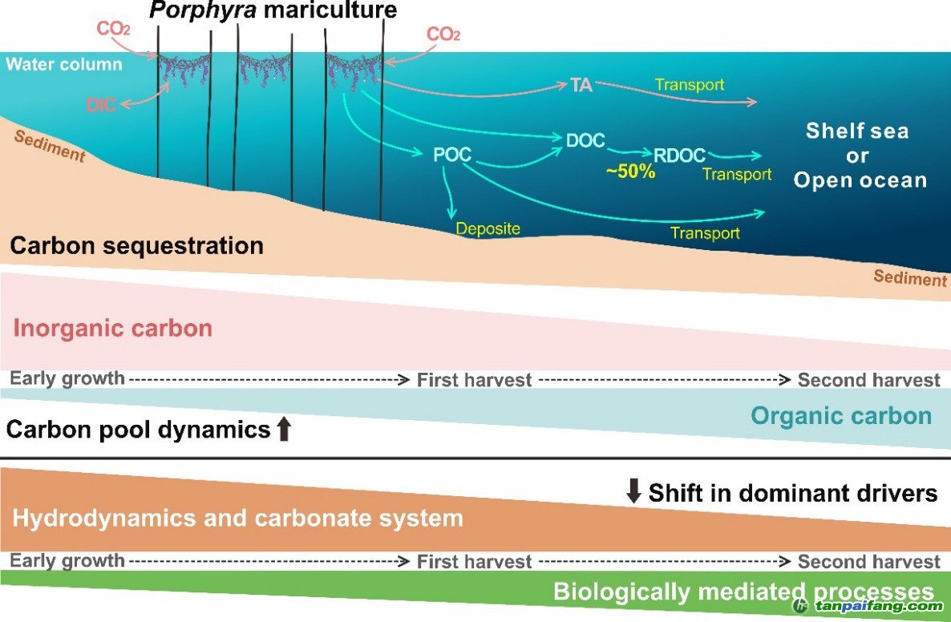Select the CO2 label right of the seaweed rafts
(443, 34)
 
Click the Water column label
(64, 63)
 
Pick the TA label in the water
(581, 86)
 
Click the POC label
(451, 155)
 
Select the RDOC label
(679, 155)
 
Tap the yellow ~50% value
(630, 172)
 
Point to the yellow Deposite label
(488, 229)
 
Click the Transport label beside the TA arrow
(689, 84)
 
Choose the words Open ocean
(860, 180)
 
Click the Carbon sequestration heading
(136, 245)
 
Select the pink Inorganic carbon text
(113, 328)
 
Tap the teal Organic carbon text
(841, 415)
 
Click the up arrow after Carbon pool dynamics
(283, 430)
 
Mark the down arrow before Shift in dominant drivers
(633, 492)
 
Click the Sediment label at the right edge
(910, 278)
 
